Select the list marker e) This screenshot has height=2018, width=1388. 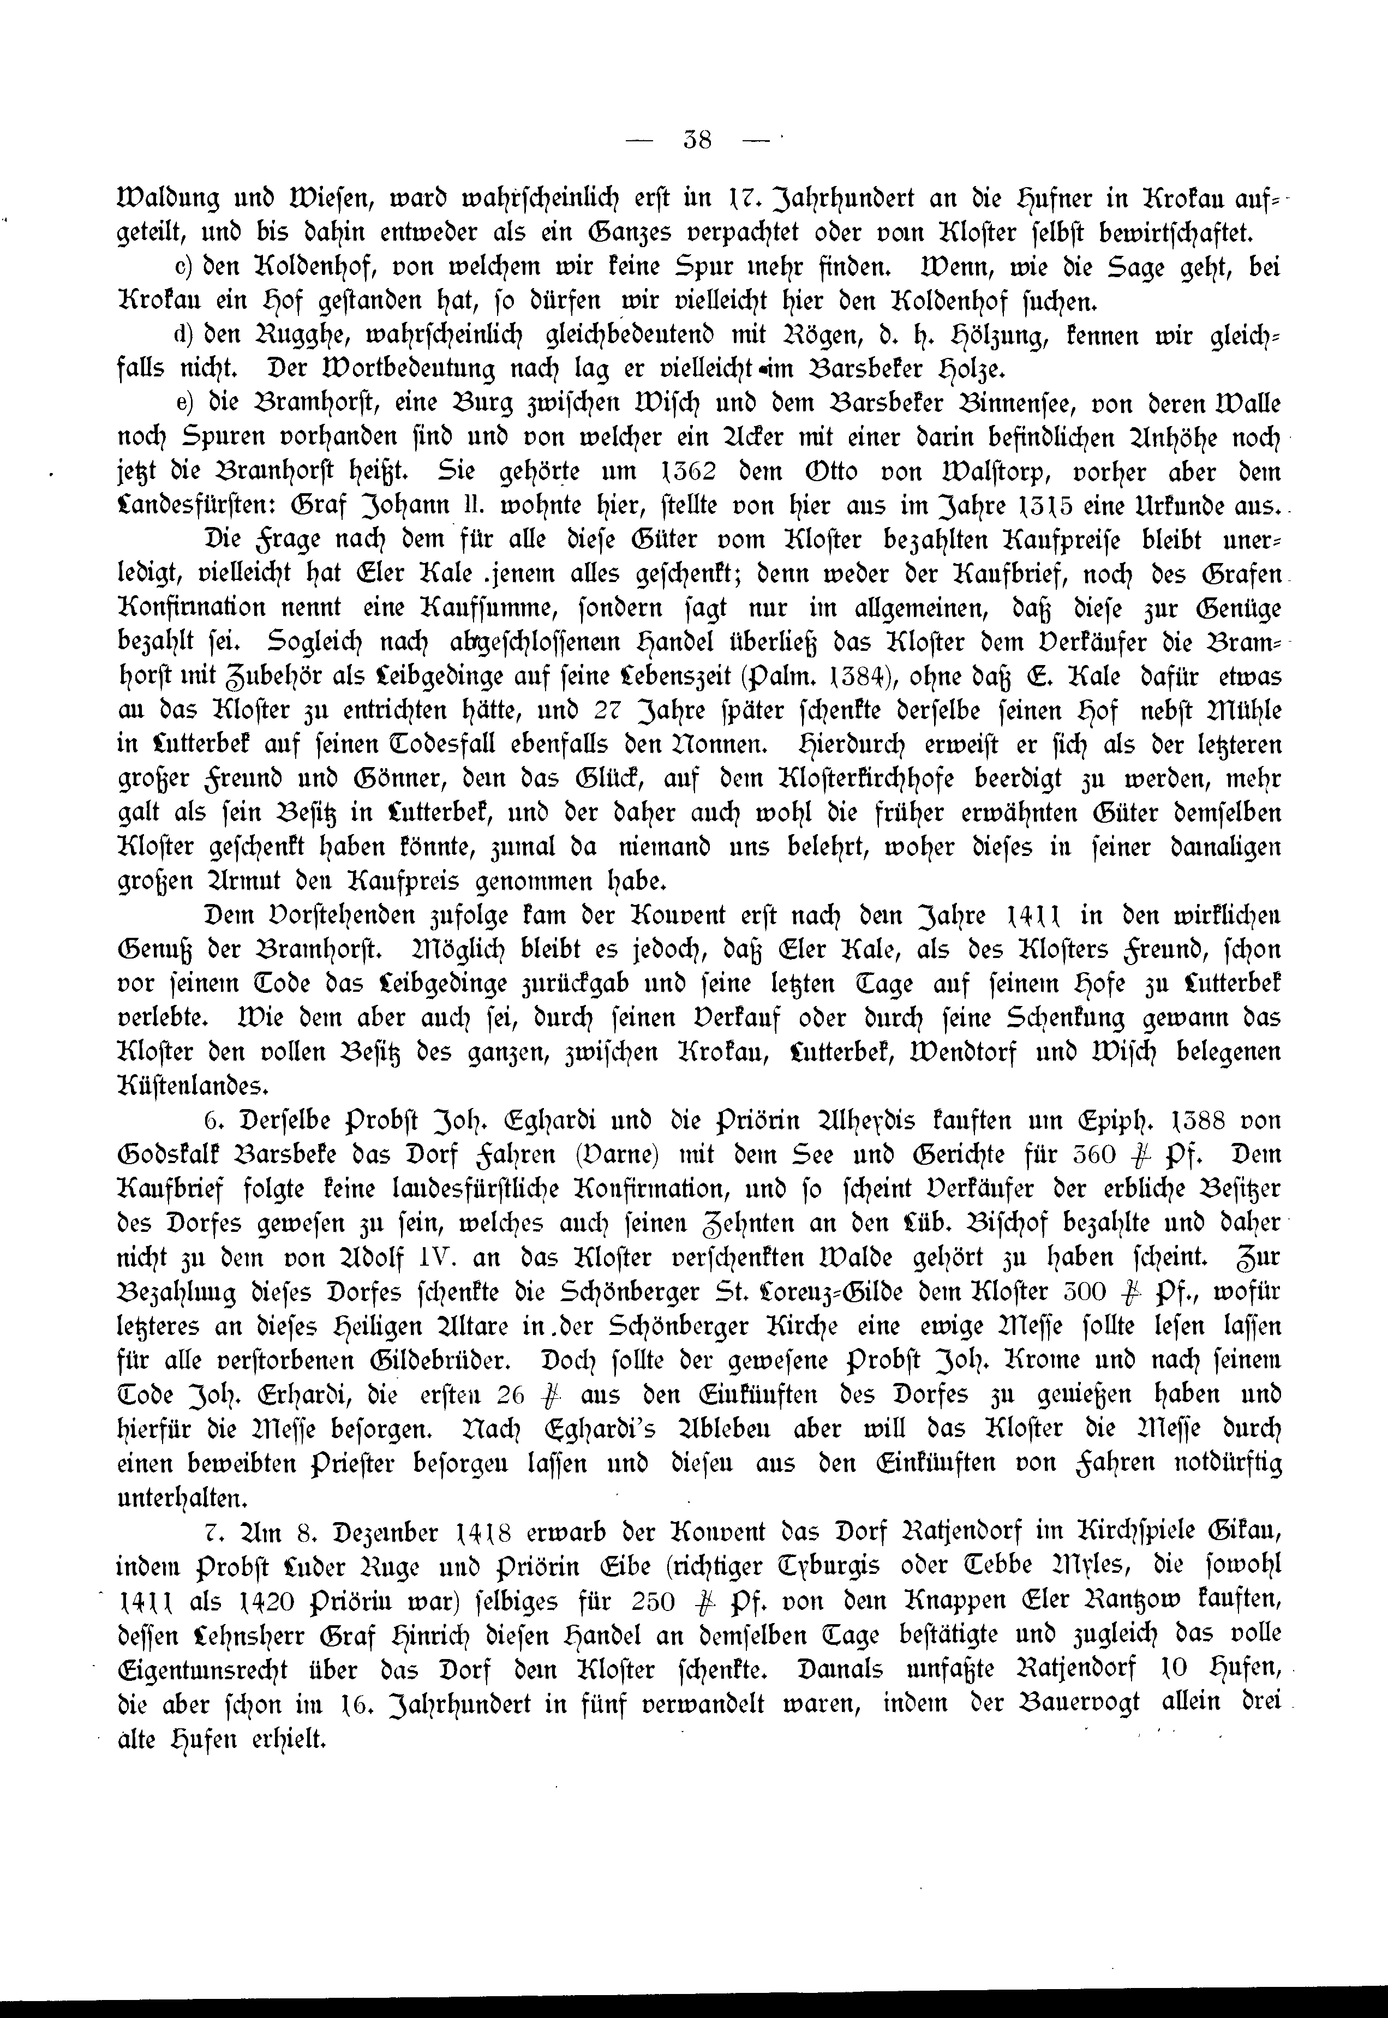[183, 405]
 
